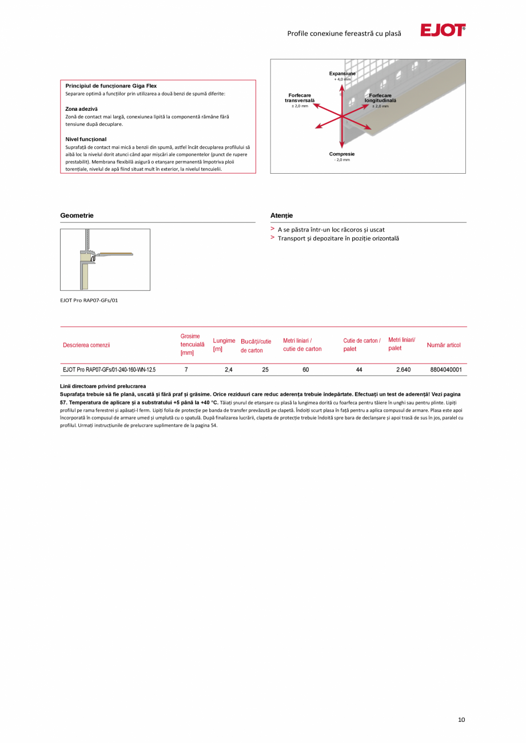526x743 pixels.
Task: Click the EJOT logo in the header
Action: (443, 31)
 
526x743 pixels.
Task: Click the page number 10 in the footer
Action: (461, 720)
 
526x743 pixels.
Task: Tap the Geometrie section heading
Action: (77, 215)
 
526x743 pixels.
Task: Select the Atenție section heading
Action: (281, 215)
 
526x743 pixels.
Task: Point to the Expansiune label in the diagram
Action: (342, 74)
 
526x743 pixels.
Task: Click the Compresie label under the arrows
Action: (342, 154)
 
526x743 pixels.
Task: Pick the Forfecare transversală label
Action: (300, 98)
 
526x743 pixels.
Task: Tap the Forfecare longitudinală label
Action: (380, 98)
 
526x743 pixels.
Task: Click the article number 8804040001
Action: (446, 370)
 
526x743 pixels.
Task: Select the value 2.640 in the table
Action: (403, 370)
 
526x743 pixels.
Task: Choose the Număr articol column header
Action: (444, 345)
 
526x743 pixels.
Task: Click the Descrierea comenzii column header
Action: (86, 345)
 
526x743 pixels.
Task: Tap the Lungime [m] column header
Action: (224, 345)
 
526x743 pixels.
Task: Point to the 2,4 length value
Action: (229, 370)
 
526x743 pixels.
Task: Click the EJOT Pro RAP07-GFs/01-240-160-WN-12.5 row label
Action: (109, 370)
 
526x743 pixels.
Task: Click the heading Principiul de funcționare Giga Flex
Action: (111, 86)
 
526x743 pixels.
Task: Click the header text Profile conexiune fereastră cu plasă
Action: (344, 34)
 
